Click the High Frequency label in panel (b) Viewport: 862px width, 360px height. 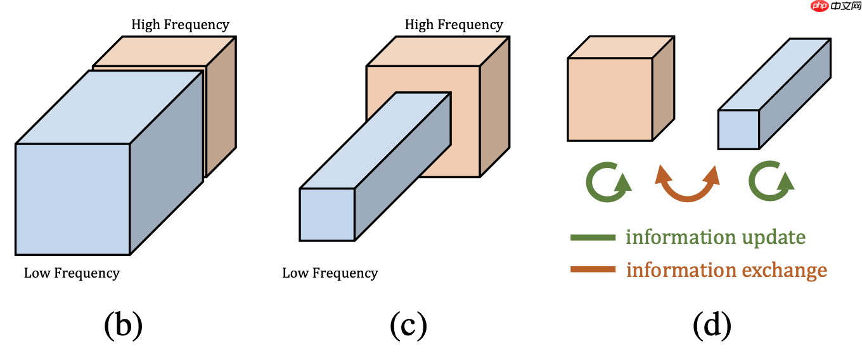pyautogui.click(x=180, y=25)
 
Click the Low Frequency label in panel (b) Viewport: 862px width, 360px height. pyautogui.click(x=72, y=273)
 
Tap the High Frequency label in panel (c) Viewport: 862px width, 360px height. pyautogui.click(x=454, y=25)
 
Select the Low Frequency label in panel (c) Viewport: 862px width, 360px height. pyautogui.click(x=330, y=273)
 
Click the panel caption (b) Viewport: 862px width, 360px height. pyautogui.click(x=123, y=326)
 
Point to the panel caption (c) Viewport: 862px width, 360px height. pyautogui.click(x=408, y=326)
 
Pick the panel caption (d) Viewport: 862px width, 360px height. pyautogui.click(x=712, y=326)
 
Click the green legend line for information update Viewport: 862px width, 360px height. pyautogui.click(x=593, y=238)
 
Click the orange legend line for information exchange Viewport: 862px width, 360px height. pyautogui.click(x=593, y=270)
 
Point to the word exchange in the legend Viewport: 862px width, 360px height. pyautogui.click(x=785, y=270)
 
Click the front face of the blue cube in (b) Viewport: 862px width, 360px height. pyautogui.click(x=72, y=199)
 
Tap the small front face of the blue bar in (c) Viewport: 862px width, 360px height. pyautogui.click(x=327, y=214)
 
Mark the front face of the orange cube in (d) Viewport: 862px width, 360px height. pyautogui.click(x=610, y=99)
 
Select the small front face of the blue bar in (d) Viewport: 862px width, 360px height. pyautogui.click(x=738, y=130)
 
